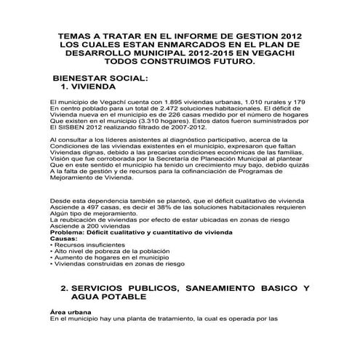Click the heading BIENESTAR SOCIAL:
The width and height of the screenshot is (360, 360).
(x=96, y=77)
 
